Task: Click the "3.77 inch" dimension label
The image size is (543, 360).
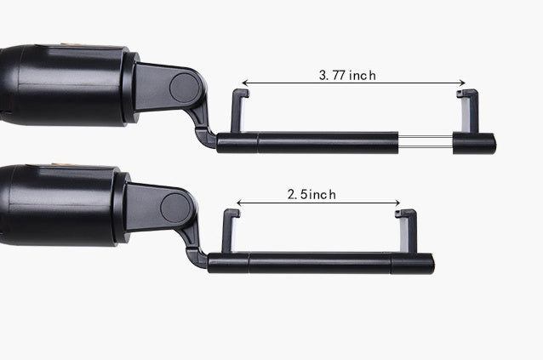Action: (x=347, y=75)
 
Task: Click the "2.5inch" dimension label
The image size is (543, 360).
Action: (x=312, y=194)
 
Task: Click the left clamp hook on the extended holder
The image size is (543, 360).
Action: (x=239, y=111)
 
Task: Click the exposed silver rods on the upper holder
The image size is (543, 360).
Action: (x=425, y=142)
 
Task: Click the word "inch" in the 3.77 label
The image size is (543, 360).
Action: (x=362, y=75)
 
